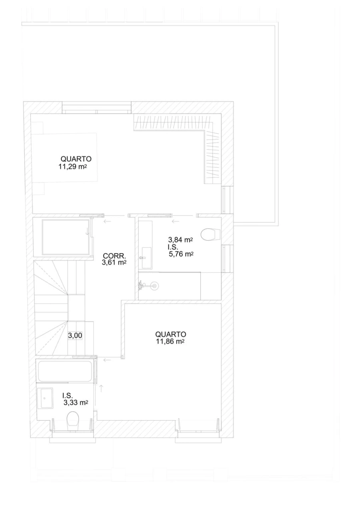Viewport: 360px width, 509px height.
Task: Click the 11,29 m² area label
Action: [73, 167]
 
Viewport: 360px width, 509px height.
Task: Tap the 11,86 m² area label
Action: [170, 341]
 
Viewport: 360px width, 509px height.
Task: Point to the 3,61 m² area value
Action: [114, 263]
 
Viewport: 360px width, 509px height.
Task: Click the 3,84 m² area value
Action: [180, 240]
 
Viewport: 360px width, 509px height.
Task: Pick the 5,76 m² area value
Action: [181, 254]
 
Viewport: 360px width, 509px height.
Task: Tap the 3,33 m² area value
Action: [76, 403]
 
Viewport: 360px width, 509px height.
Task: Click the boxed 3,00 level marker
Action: [75, 335]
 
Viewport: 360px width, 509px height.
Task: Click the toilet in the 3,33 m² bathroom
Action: [73, 421]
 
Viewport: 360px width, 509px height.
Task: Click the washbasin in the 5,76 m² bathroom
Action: [146, 258]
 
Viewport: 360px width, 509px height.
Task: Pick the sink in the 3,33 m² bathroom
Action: [45, 398]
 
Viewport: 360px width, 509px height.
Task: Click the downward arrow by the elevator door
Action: [88, 232]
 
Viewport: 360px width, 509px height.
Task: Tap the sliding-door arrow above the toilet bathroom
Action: [175, 221]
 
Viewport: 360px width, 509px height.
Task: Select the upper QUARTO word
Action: [76, 159]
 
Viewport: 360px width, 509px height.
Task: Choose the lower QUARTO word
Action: [170, 334]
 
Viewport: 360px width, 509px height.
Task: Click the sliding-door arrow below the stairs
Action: [107, 360]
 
